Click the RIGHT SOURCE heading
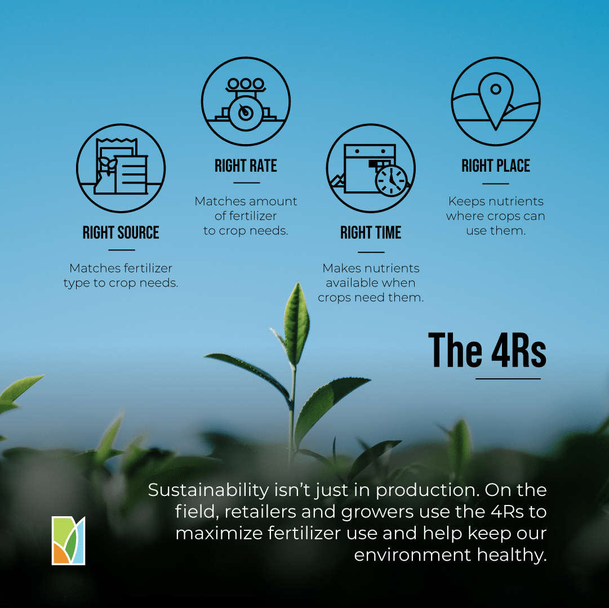(x=121, y=233)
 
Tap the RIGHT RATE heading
(x=246, y=166)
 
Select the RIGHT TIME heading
(x=371, y=233)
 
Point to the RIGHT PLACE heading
(x=496, y=166)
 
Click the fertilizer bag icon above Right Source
(x=121, y=166)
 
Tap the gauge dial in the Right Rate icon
(x=246, y=113)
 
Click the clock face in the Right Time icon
(x=391, y=181)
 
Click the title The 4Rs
(x=487, y=350)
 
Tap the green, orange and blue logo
(x=68, y=540)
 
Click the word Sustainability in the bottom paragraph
(x=208, y=490)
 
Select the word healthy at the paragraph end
(x=512, y=555)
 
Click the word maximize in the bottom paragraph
(x=219, y=533)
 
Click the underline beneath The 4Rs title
(x=508, y=379)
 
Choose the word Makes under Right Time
(x=338, y=268)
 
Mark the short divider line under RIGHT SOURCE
(x=122, y=251)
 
